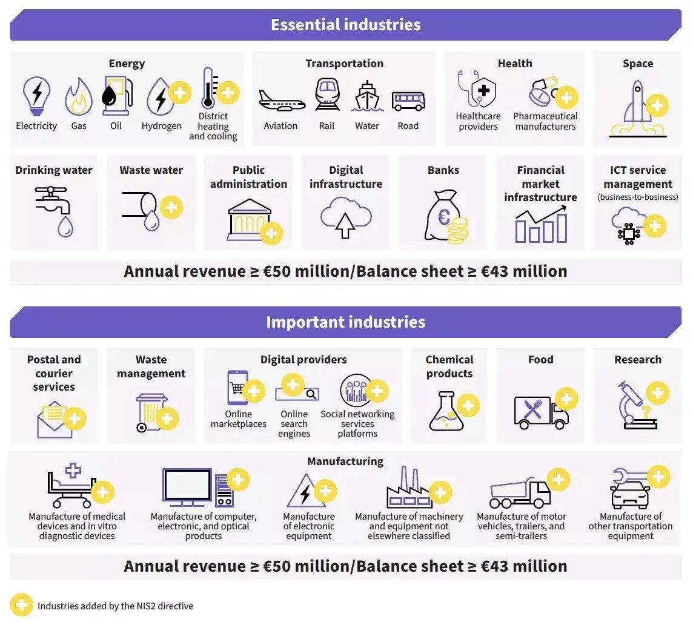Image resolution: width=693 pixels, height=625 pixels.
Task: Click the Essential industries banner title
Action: pyautogui.click(x=345, y=25)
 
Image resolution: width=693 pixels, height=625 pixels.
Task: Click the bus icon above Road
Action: pyautogui.click(x=408, y=101)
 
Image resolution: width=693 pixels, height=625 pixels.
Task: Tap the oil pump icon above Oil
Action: pyautogui.click(x=115, y=96)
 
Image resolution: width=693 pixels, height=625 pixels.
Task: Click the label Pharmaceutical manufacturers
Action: pyautogui.click(x=545, y=121)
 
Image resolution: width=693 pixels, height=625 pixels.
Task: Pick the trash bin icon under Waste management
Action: pyautogui.click(x=150, y=412)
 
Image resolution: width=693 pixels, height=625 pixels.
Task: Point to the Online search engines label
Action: pyautogui.click(x=294, y=424)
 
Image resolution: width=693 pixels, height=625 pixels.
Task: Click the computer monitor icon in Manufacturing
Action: pyautogui.click(x=187, y=487)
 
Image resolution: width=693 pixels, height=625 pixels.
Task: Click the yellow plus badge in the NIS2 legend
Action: pyautogui.click(x=21, y=605)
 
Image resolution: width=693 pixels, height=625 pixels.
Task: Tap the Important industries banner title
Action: pyautogui.click(x=345, y=322)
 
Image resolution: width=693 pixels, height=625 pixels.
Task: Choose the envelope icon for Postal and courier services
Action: pyautogui.click(x=54, y=420)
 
